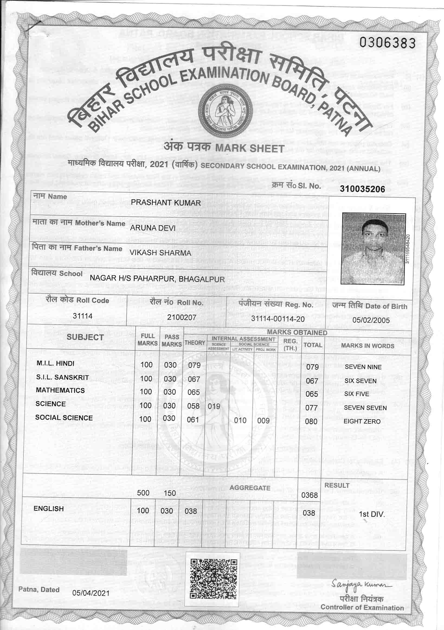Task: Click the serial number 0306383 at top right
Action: tap(387, 43)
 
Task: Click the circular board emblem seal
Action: tap(226, 110)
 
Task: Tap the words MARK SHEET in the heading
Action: tap(250, 148)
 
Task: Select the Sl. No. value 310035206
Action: tap(362, 189)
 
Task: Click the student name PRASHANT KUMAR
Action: tap(166, 203)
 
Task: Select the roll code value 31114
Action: tap(82, 316)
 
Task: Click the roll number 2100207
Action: tap(182, 318)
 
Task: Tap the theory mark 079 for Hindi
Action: tap(194, 365)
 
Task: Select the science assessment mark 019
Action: tap(214, 406)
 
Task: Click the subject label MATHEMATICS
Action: tap(60, 390)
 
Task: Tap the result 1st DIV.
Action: tap(372, 514)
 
